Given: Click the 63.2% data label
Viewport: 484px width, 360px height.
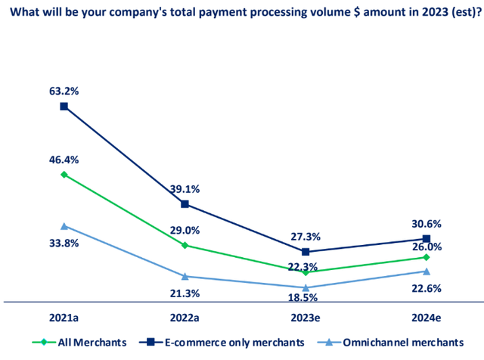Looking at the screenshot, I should (64, 91).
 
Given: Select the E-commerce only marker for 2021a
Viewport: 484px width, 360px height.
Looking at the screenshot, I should (64, 106).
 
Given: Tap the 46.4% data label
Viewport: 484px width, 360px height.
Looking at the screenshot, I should (64, 160).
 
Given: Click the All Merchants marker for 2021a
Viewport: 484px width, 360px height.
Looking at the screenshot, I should (64, 175).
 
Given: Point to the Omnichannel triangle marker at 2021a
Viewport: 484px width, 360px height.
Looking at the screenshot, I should (64, 226).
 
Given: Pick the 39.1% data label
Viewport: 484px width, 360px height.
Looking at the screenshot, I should (185, 189).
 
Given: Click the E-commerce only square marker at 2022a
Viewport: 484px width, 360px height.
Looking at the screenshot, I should (185, 204).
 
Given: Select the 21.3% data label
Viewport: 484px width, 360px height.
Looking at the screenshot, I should (185, 293).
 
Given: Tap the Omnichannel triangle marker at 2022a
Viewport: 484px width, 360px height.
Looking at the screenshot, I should (185, 276).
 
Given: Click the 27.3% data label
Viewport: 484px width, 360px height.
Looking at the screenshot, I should (306, 236).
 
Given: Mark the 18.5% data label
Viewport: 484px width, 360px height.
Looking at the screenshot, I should (306, 299).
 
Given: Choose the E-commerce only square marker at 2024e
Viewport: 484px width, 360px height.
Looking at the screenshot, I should (427, 239).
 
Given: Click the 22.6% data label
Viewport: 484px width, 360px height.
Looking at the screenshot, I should (427, 288).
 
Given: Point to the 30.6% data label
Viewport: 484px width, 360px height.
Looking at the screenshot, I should (427, 224).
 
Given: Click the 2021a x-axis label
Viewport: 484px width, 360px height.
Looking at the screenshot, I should (64, 318).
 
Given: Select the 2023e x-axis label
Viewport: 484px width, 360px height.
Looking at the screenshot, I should (306, 318).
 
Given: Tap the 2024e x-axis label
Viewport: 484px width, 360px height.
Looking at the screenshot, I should (427, 318).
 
